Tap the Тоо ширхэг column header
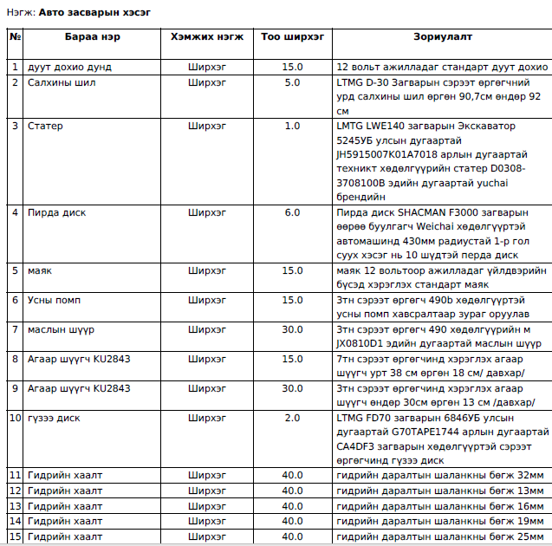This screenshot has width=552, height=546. [292, 37]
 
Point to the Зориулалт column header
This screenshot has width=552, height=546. [442, 37]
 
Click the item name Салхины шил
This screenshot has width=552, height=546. [62, 82]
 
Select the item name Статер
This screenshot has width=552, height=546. [45, 126]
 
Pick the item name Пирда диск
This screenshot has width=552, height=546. [56, 212]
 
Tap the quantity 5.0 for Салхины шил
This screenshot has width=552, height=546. [292, 82]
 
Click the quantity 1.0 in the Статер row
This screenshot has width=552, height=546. [292, 126]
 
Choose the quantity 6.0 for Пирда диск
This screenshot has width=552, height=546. [292, 212]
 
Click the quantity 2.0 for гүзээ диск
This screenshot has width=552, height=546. [292, 418]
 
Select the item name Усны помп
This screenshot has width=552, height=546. [54, 300]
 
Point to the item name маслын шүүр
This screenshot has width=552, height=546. [61, 329]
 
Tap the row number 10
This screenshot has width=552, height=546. [15, 418]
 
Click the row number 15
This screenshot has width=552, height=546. [15, 537]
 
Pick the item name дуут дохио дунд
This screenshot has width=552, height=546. [69, 67]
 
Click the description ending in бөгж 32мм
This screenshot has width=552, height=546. [440, 475]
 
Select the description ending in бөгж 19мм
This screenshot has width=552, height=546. [440, 522]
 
